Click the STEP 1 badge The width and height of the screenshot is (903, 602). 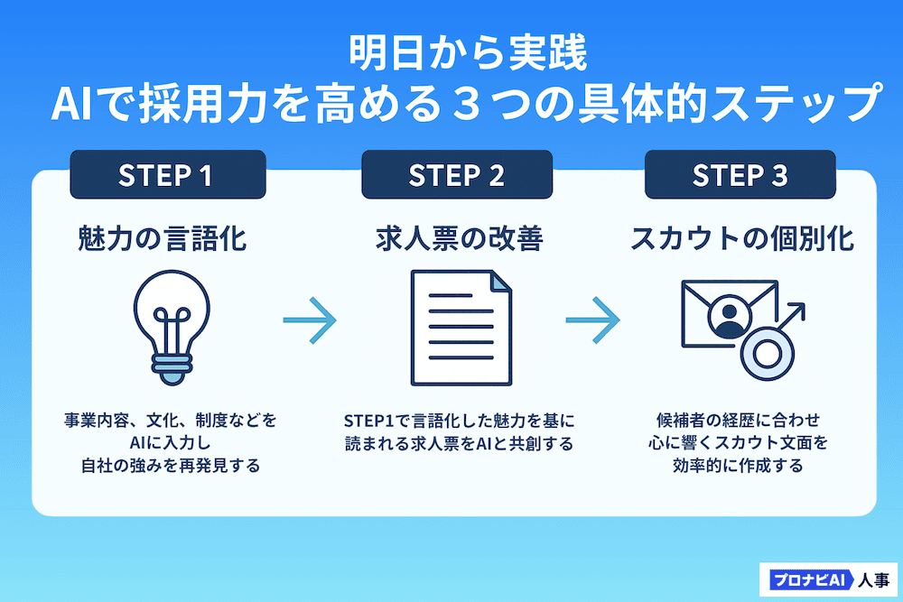click(167, 175)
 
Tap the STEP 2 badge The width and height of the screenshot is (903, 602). click(457, 175)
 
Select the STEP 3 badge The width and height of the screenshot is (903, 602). click(740, 175)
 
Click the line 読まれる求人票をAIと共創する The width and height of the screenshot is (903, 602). click(459, 444)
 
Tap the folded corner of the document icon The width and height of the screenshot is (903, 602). click(498, 281)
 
